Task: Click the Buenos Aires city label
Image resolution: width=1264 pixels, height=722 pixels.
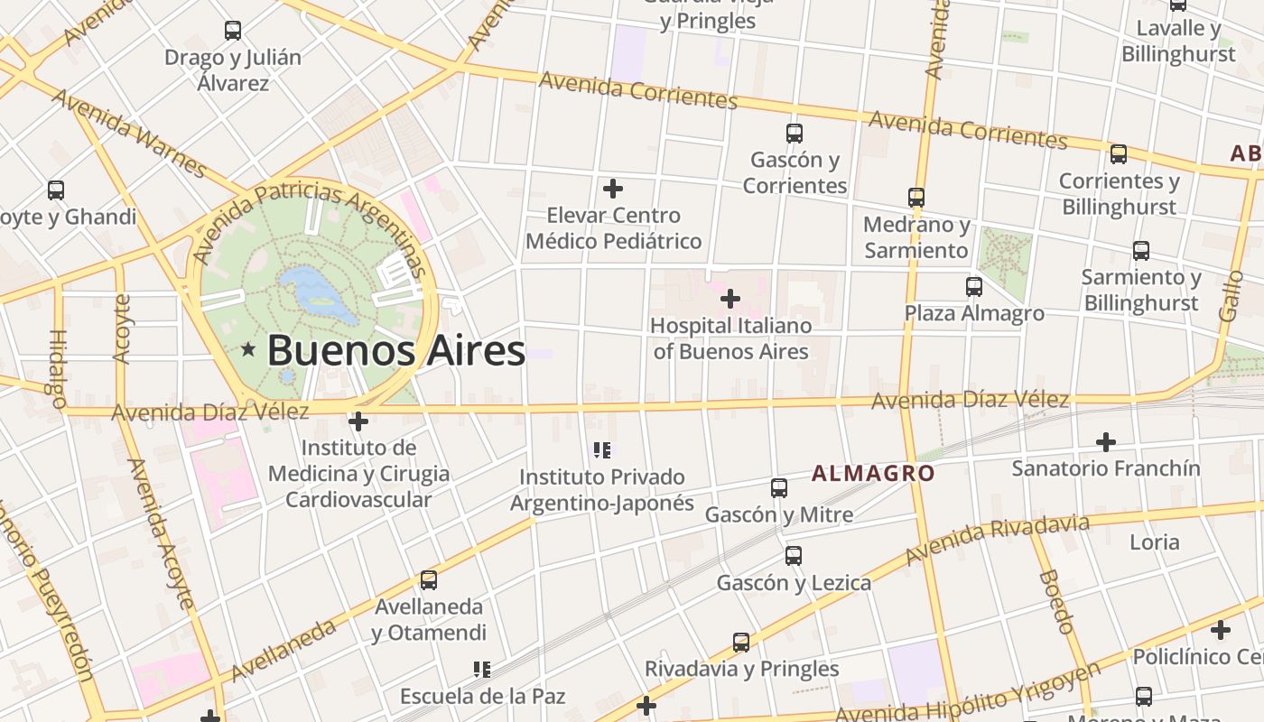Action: coord(395,350)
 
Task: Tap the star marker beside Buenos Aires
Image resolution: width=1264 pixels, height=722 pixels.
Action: coord(248,348)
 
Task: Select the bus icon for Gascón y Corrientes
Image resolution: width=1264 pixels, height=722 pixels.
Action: coord(795,134)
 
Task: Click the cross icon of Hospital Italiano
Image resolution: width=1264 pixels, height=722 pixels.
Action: coord(730,298)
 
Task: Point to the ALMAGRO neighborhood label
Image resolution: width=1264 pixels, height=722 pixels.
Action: coord(872,473)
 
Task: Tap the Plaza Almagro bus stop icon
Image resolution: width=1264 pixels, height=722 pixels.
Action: coord(974,287)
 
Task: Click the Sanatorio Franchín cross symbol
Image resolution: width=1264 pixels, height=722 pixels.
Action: coord(1106,442)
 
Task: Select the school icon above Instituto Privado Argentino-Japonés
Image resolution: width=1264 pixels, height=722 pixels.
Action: coord(602,449)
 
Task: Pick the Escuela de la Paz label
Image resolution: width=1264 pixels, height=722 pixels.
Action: coord(482,696)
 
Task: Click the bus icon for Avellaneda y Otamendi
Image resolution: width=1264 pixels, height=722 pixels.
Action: coord(429,580)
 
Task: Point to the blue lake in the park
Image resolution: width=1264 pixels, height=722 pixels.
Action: coord(318,293)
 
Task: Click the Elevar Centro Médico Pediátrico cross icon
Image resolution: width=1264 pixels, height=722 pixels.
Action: coord(613,189)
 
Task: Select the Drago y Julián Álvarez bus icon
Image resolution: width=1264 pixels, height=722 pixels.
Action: coord(233,31)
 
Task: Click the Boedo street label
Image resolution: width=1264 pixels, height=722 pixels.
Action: coord(1055,601)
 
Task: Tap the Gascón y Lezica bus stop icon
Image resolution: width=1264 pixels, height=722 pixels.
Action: coord(794,556)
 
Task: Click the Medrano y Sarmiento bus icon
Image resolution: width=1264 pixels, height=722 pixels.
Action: coord(916,198)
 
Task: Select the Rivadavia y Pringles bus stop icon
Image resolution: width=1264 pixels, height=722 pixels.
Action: coord(741,643)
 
